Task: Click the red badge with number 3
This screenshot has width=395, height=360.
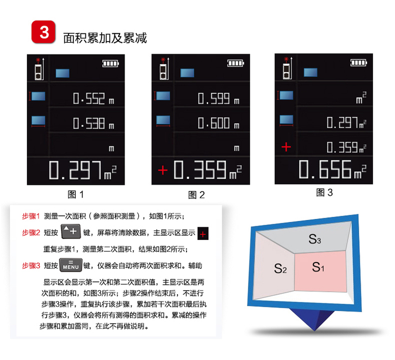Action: tap(43, 32)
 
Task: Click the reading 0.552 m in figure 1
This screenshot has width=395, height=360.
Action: tap(93, 98)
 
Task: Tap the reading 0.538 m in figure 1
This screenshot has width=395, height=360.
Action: tap(93, 123)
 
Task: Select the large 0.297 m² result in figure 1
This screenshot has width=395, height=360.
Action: tap(83, 170)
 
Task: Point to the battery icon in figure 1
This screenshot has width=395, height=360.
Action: tap(111, 64)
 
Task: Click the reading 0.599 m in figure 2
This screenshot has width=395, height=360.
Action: tap(219, 98)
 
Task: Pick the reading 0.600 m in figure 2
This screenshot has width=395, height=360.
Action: tap(219, 123)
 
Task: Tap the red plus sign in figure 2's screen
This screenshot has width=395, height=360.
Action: tap(163, 171)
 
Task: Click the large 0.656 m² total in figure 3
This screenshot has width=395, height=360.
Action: tap(332, 169)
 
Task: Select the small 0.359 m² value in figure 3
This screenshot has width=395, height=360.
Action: tap(347, 147)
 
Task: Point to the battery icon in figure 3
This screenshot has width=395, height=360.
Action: tap(359, 63)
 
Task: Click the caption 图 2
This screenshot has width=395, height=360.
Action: tap(196, 195)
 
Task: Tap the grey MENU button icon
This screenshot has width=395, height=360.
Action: tap(71, 265)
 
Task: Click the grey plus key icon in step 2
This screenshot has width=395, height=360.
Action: tap(71, 232)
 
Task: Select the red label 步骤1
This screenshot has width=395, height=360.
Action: tap(31, 216)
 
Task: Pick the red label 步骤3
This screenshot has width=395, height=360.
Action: tap(31, 266)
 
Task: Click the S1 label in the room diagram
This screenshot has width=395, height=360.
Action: tap(318, 267)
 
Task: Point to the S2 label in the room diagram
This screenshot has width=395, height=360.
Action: tap(280, 268)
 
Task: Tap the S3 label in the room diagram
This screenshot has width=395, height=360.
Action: tap(314, 239)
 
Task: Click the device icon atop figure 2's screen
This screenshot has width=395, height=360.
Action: tap(164, 68)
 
